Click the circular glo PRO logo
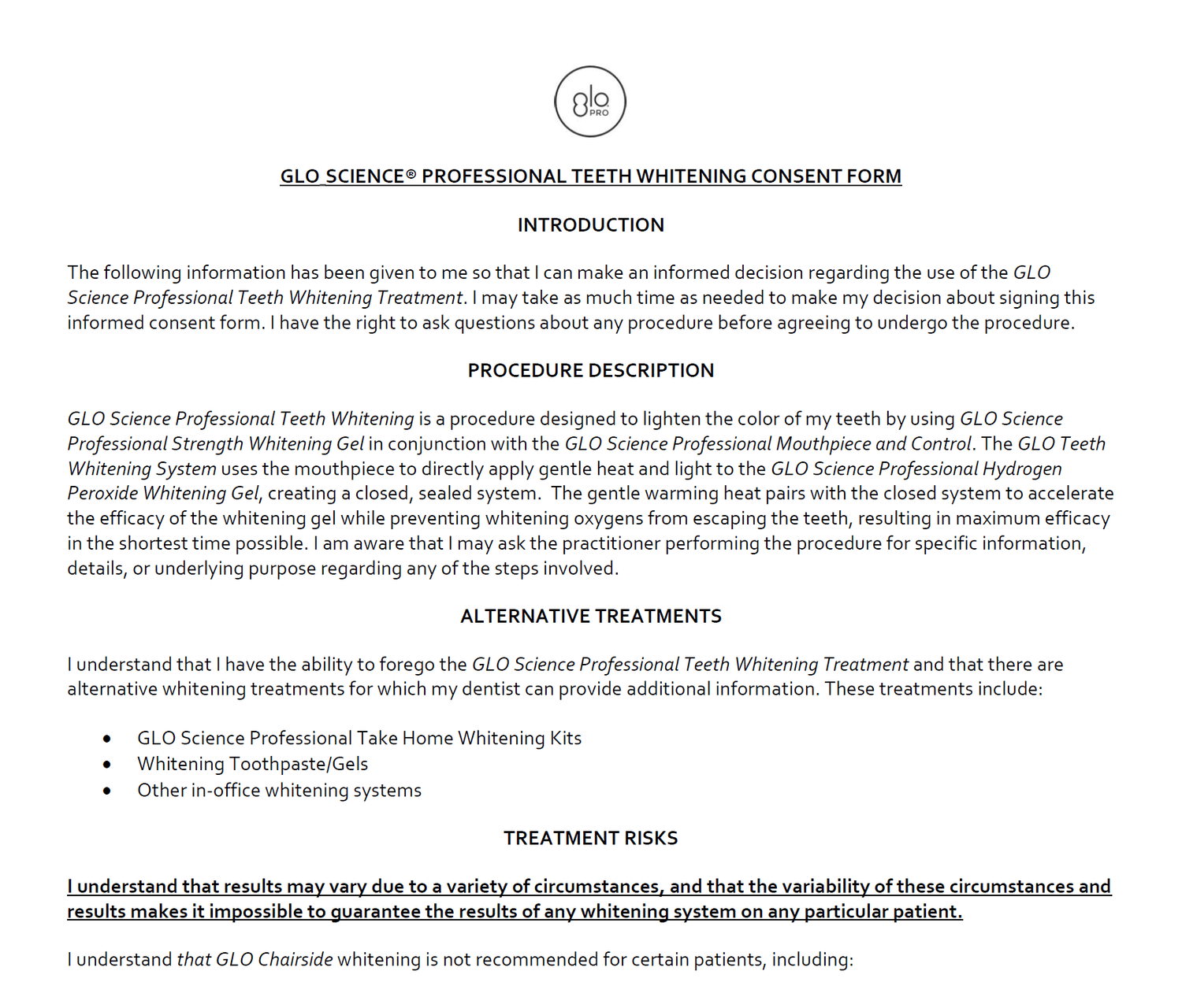pyautogui.click(x=590, y=102)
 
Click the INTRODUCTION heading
pyautogui.click(x=590, y=225)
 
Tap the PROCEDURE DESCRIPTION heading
pyautogui.click(x=590, y=371)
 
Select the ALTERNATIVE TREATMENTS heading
pyautogui.click(x=590, y=617)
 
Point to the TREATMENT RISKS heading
pyautogui.click(x=590, y=839)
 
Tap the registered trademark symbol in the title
pyautogui.click(x=411, y=174)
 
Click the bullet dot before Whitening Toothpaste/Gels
pyautogui.click(x=107, y=765)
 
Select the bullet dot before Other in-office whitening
pyautogui.click(x=107, y=791)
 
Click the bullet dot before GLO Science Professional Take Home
pyautogui.click(x=107, y=739)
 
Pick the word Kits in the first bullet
pyautogui.click(x=566, y=739)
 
